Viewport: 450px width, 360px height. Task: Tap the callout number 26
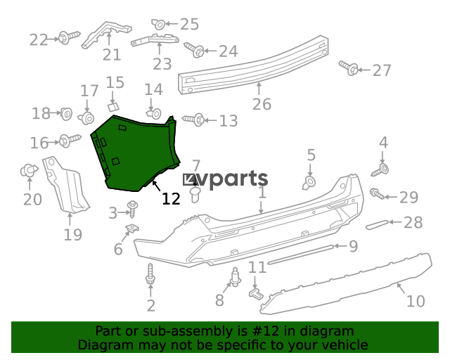click(x=262, y=104)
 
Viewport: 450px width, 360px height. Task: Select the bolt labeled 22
click(x=69, y=37)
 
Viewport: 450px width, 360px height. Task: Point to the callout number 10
click(x=416, y=301)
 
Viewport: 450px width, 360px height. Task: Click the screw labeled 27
click(x=349, y=68)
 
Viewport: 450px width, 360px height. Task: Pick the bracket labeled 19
click(x=65, y=184)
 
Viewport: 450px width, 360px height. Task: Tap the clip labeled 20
click(x=29, y=171)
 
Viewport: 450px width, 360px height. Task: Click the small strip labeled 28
click(x=377, y=224)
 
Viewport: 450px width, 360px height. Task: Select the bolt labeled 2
click(x=150, y=274)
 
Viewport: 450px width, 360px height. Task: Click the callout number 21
click(x=112, y=55)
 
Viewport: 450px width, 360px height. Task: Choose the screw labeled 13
click(x=194, y=120)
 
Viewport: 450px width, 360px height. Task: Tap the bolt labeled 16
click(x=70, y=141)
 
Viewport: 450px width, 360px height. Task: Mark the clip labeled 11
click(x=256, y=294)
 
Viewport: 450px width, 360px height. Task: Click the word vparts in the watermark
click(x=233, y=179)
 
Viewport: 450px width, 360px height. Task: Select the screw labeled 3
click(x=133, y=209)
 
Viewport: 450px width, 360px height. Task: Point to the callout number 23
click(x=162, y=64)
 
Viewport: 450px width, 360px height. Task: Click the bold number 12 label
click(x=171, y=198)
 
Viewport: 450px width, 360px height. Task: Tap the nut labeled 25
click(x=158, y=24)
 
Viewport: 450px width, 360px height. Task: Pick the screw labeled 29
click(x=377, y=194)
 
